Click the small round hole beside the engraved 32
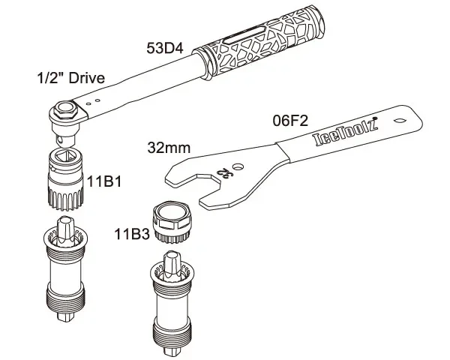[x=237, y=166]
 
